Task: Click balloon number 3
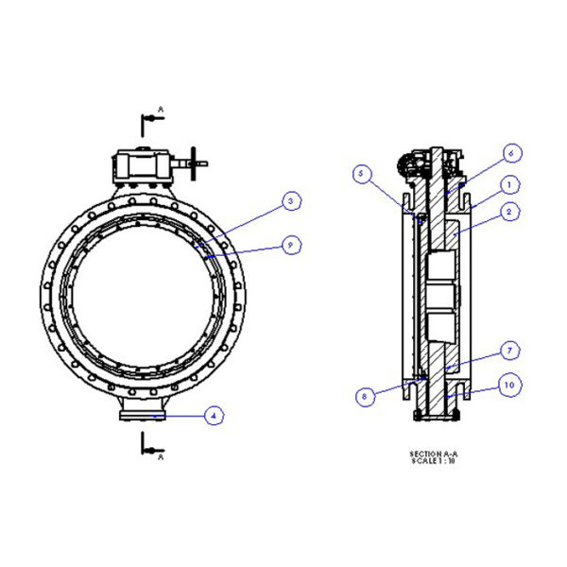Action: (292, 201)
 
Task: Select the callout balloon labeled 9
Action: (292, 245)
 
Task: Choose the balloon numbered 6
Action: (511, 152)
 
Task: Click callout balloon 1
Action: (508, 184)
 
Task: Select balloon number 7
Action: (509, 352)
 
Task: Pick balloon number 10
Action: (509, 386)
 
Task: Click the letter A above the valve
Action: (161, 110)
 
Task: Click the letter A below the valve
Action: (161, 456)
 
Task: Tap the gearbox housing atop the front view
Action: (143, 168)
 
